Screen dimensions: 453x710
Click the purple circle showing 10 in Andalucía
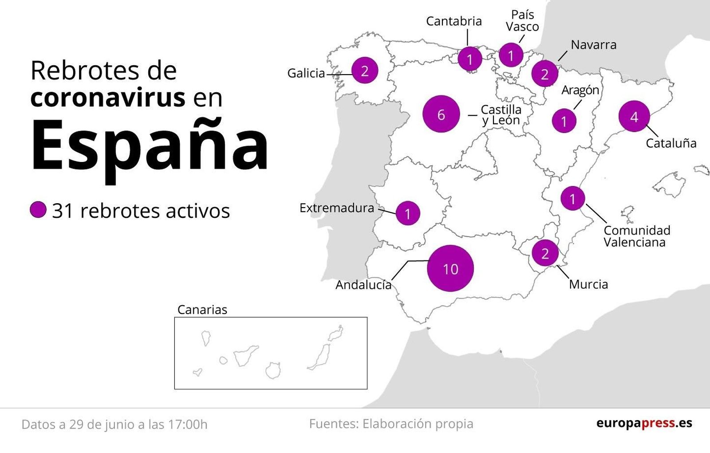click(450, 268)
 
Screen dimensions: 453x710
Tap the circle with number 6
click(441, 114)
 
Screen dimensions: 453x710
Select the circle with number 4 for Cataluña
click(634, 116)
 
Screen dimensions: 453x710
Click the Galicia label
click(306, 73)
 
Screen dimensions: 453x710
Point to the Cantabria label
click(454, 21)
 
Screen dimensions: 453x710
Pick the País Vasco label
click(522, 21)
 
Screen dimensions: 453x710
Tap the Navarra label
click(593, 45)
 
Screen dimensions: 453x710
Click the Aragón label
click(580, 90)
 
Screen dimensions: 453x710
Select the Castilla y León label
click(501, 115)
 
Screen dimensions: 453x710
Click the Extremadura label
click(336, 208)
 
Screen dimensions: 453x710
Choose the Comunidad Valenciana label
click(636, 236)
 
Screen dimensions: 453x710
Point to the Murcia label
click(588, 284)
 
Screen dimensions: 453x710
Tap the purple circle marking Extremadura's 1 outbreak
click(407, 214)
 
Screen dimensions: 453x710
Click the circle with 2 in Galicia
click(365, 71)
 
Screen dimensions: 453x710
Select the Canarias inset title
click(202, 310)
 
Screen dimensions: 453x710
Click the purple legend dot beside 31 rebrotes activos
click(38, 210)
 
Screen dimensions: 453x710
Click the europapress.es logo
click(644, 423)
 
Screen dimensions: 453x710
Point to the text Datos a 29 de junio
click(114, 425)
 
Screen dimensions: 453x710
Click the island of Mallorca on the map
click(669, 185)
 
